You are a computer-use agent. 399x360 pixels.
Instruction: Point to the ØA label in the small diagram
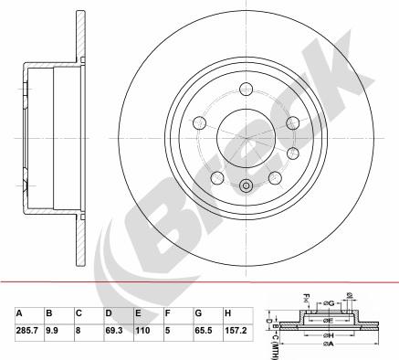327,354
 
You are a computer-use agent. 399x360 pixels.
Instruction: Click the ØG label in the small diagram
328,298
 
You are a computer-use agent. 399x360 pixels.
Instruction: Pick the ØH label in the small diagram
327,335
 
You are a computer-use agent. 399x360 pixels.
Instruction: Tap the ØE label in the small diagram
328,320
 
